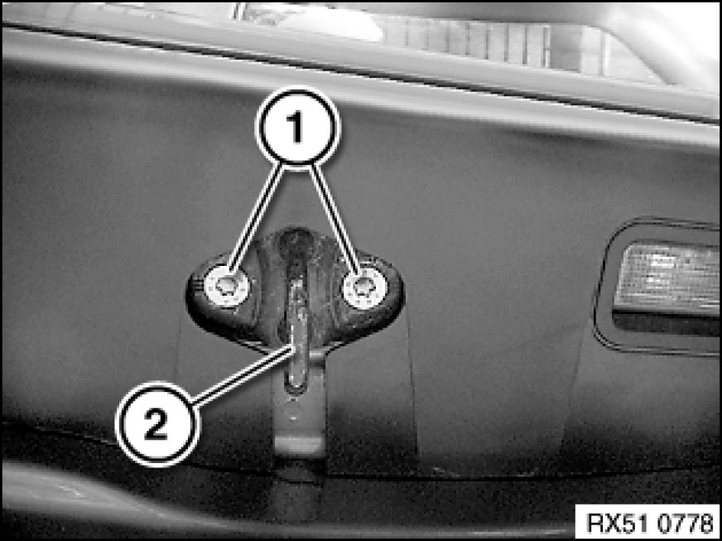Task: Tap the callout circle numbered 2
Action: pyautogui.click(x=157, y=423)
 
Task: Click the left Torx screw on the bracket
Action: pyautogui.click(x=227, y=287)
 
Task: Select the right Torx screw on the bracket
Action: pyautogui.click(x=365, y=287)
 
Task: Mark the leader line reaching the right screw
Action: pyautogui.click(x=335, y=218)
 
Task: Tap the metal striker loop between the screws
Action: pyautogui.click(x=297, y=331)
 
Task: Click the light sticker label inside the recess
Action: pyautogui.click(x=667, y=276)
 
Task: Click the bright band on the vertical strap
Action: pyautogui.click(x=299, y=445)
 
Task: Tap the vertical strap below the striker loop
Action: pyautogui.click(x=299, y=415)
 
